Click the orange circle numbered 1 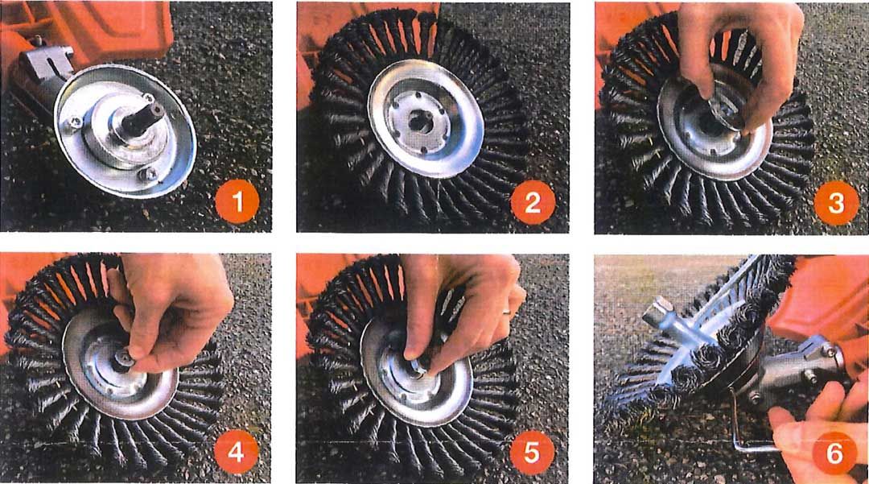(x=237, y=202)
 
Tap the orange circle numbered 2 (x=533, y=202)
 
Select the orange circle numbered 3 (x=836, y=203)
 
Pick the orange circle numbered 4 (x=236, y=451)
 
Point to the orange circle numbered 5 (x=532, y=453)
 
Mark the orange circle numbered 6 (x=834, y=453)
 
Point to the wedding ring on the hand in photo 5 (x=507, y=312)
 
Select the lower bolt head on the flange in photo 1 (x=148, y=174)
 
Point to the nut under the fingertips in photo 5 (x=419, y=364)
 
